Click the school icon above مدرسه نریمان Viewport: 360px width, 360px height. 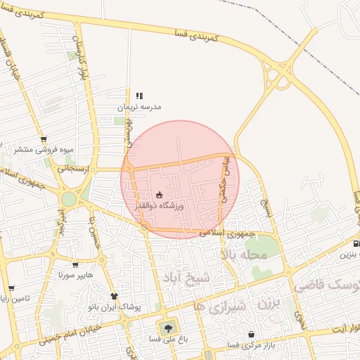pos(139,96)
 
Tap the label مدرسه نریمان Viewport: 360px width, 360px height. pos(139,107)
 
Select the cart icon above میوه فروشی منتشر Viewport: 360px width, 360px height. pos(44,139)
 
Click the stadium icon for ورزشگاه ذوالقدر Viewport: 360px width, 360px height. pos(159,195)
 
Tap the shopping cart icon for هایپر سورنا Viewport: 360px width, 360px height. pos(73,265)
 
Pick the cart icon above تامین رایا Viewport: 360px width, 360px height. pos(11,288)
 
